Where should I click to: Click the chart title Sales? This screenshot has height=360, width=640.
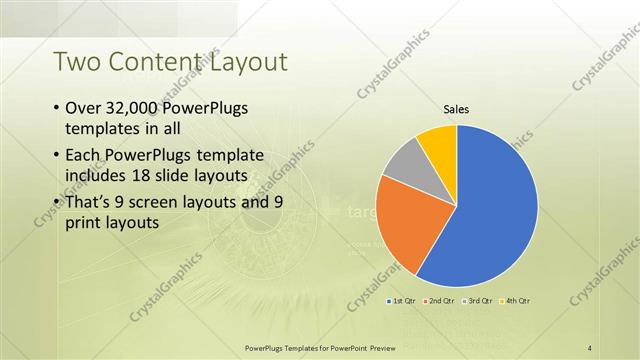click(456, 110)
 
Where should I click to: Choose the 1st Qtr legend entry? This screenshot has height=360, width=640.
click(402, 300)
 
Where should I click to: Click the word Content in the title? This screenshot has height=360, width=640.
click(159, 62)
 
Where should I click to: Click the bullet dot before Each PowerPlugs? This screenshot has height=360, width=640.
click(55, 156)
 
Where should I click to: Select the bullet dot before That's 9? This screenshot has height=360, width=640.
click(55, 202)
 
